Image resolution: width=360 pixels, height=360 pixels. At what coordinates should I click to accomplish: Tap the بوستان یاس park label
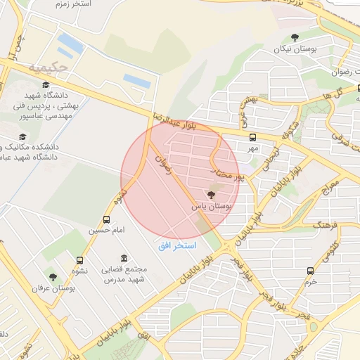click(211, 207)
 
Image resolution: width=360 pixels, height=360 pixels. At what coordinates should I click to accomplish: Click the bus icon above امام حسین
click(107, 219)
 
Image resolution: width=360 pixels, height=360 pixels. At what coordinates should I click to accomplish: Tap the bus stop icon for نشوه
click(79, 259)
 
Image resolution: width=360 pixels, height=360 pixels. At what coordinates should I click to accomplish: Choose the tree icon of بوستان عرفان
click(53, 276)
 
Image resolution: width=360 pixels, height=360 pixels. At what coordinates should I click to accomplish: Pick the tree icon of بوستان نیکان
click(294, 38)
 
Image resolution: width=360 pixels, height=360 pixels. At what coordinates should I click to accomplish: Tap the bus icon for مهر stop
click(252, 137)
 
